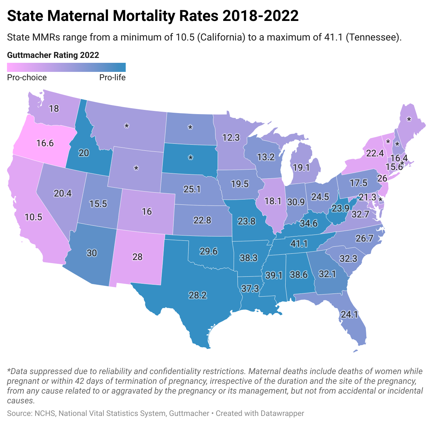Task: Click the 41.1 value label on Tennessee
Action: (x=299, y=243)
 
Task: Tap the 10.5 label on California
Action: (x=33, y=217)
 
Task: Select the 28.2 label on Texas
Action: (x=198, y=295)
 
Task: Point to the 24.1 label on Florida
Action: (x=349, y=314)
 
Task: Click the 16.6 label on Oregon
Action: (x=45, y=143)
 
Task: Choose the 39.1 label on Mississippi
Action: (x=273, y=275)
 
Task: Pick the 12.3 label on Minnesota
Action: (x=231, y=137)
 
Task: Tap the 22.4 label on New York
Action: (x=375, y=153)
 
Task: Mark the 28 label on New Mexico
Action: (x=138, y=257)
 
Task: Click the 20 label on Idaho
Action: (x=84, y=153)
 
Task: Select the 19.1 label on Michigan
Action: (x=301, y=168)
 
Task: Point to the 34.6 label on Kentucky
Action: (x=309, y=223)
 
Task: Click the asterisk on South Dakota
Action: (x=191, y=158)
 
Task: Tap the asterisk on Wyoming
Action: (x=136, y=169)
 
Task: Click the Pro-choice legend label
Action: (x=27, y=77)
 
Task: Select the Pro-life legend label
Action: (x=112, y=77)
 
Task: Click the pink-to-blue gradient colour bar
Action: (x=66, y=67)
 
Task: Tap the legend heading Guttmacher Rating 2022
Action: (x=53, y=55)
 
